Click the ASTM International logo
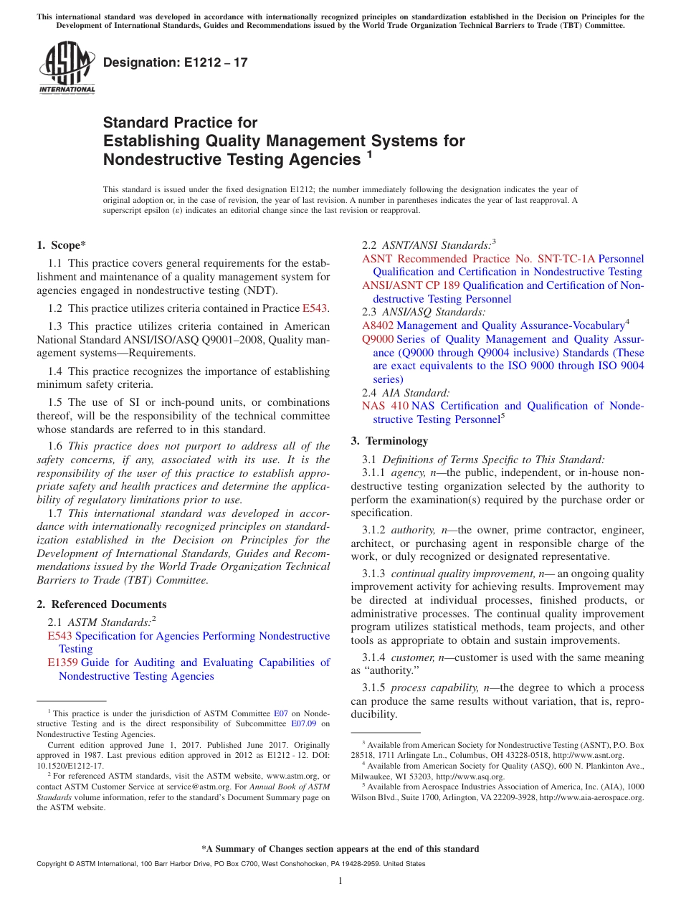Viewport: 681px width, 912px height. click(x=67, y=67)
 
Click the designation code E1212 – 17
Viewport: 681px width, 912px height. click(x=176, y=62)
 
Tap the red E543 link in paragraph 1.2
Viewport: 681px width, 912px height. click(x=315, y=308)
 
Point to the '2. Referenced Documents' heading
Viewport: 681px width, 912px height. click(x=102, y=604)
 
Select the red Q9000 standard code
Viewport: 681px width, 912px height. click(x=378, y=339)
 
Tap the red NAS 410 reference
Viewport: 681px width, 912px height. click(x=385, y=406)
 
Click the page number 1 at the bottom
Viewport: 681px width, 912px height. click(x=340, y=880)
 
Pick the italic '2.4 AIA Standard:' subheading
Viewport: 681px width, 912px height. click(x=406, y=392)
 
